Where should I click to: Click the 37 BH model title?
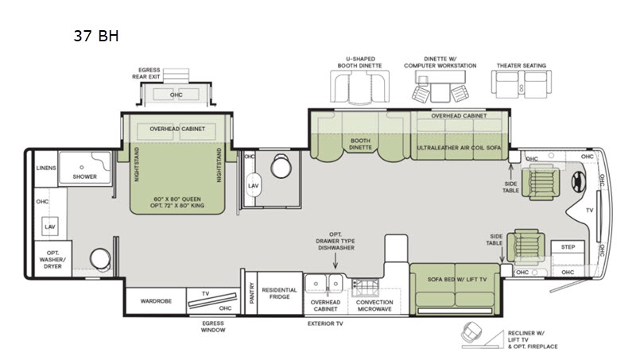(96, 36)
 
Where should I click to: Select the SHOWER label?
(85, 176)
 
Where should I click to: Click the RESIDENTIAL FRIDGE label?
(280, 293)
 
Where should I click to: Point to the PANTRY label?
(251, 292)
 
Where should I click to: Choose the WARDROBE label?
(156, 301)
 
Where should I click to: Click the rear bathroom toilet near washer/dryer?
(100, 258)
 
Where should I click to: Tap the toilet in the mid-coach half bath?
(281, 165)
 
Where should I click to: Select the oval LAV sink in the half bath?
(253, 185)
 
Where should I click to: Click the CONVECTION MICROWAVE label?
(374, 305)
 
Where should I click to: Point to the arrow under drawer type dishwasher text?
(335, 261)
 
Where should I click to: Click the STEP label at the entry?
(568, 247)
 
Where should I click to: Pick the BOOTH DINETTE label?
(360, 144)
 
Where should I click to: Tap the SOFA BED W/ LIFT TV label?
(456, 279)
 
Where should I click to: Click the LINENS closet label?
(46, 168)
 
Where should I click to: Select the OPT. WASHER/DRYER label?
(52, 259)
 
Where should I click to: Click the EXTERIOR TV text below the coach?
(325, 323)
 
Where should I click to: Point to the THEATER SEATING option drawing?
(522, 84)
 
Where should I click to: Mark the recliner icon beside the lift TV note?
(471, 332)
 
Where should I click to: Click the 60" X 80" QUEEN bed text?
(177, 199)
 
